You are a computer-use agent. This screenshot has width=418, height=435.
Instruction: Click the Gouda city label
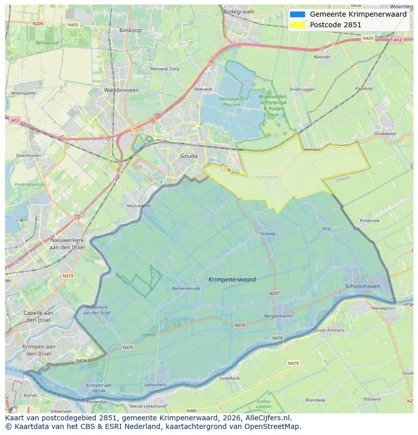click(189, 156)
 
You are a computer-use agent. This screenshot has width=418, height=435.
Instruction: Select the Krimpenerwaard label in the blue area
click(232, 279)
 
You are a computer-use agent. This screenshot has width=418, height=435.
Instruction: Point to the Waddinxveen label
click(121, 90)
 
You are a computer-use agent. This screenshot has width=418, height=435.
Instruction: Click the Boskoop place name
click(130, 30)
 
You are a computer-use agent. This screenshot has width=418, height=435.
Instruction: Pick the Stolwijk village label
click(268, 233)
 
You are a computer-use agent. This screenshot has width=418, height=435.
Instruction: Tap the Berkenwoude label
click(186, 288)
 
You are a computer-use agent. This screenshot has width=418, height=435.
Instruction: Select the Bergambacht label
click(278, 316)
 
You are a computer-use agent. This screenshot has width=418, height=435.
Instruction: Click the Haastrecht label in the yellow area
click(267, 178)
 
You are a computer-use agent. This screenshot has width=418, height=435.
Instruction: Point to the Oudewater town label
click(385, 134)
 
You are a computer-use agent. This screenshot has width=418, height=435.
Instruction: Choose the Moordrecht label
click(138, 206)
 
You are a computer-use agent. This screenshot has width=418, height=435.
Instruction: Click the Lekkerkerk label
click(155, 384)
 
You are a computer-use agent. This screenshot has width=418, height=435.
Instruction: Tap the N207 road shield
click(274, 293)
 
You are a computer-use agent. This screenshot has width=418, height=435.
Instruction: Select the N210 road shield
click(240, 325)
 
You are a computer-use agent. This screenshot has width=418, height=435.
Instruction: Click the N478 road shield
click(277, 338)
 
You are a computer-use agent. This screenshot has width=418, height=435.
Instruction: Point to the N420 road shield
click(368, 38)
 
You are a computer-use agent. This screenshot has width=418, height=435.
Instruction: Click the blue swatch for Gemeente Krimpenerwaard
click(297, 14)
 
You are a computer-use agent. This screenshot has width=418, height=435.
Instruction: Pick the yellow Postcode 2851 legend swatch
click(297, 25)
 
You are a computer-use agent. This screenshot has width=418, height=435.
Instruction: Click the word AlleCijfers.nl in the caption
click(270, 418)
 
